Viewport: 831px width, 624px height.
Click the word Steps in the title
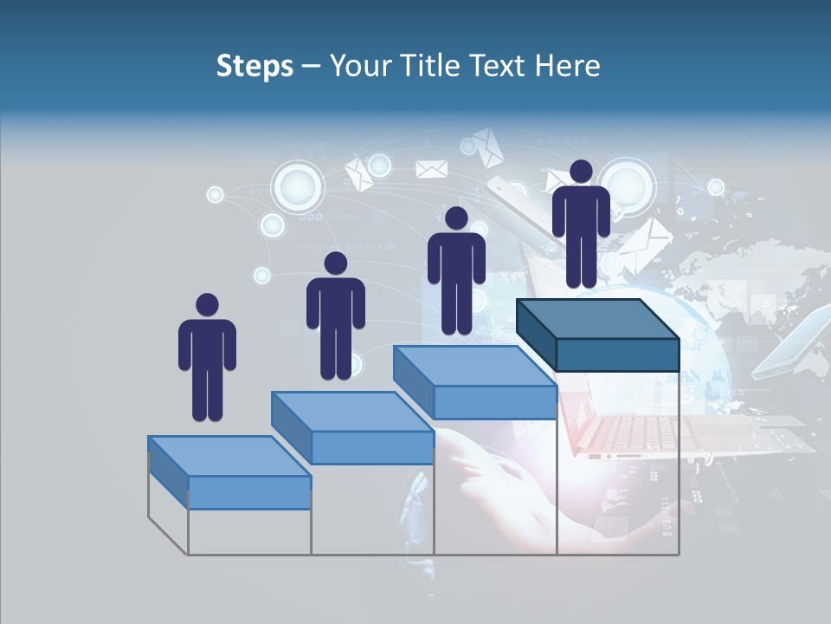pos(254,66)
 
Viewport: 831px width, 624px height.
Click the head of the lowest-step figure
pos(207,305)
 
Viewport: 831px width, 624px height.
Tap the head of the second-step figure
pos(335,263)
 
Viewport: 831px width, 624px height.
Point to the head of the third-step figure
pos(456,218)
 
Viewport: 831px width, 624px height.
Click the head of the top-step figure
pos(581,172)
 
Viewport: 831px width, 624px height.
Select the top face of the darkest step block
pos(597,318)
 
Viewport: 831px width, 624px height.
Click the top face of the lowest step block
pos(229,456)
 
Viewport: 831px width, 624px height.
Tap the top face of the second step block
pos(352,411)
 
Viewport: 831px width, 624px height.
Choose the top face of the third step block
pos(474,366)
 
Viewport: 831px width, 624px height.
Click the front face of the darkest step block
pos(617,354)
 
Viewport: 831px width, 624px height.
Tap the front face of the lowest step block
pos(249,492)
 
